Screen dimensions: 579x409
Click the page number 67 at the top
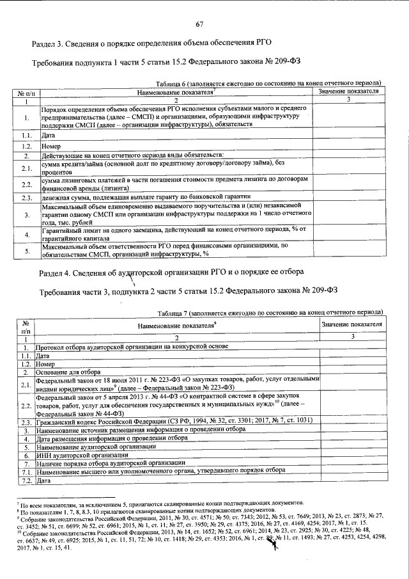199,24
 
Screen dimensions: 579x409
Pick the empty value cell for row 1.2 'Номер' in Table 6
349,146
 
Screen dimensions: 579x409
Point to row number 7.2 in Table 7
26,479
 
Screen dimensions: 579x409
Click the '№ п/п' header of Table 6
26,93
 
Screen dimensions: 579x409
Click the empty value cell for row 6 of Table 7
352,454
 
